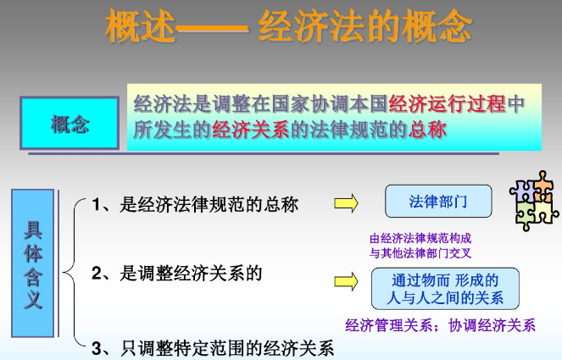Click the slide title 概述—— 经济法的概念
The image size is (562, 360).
289,27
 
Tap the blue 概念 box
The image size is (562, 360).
70,125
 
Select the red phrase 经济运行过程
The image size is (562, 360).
446,104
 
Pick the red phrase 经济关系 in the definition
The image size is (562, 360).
251,130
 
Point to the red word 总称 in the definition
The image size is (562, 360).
428,130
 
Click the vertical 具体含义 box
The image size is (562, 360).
33,263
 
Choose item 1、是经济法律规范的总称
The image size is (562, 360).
195,204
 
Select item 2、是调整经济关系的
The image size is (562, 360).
177,273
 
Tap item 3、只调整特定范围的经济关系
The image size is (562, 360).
213,347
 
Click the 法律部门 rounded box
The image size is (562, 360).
437,202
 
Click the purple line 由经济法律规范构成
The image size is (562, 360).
420,238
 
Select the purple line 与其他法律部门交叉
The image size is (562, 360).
420,252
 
